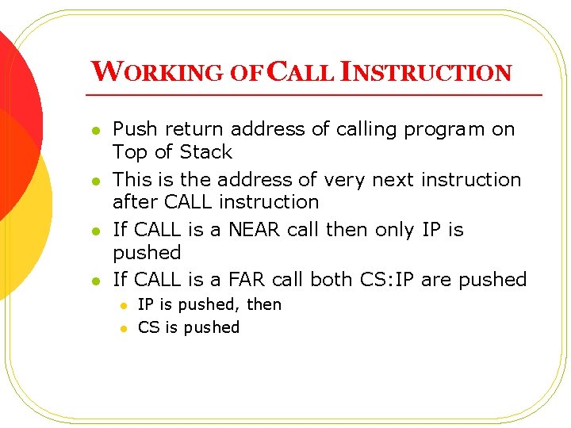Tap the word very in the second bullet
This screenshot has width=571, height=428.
coord(347,180)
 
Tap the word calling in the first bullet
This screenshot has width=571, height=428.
coord(369,129)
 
